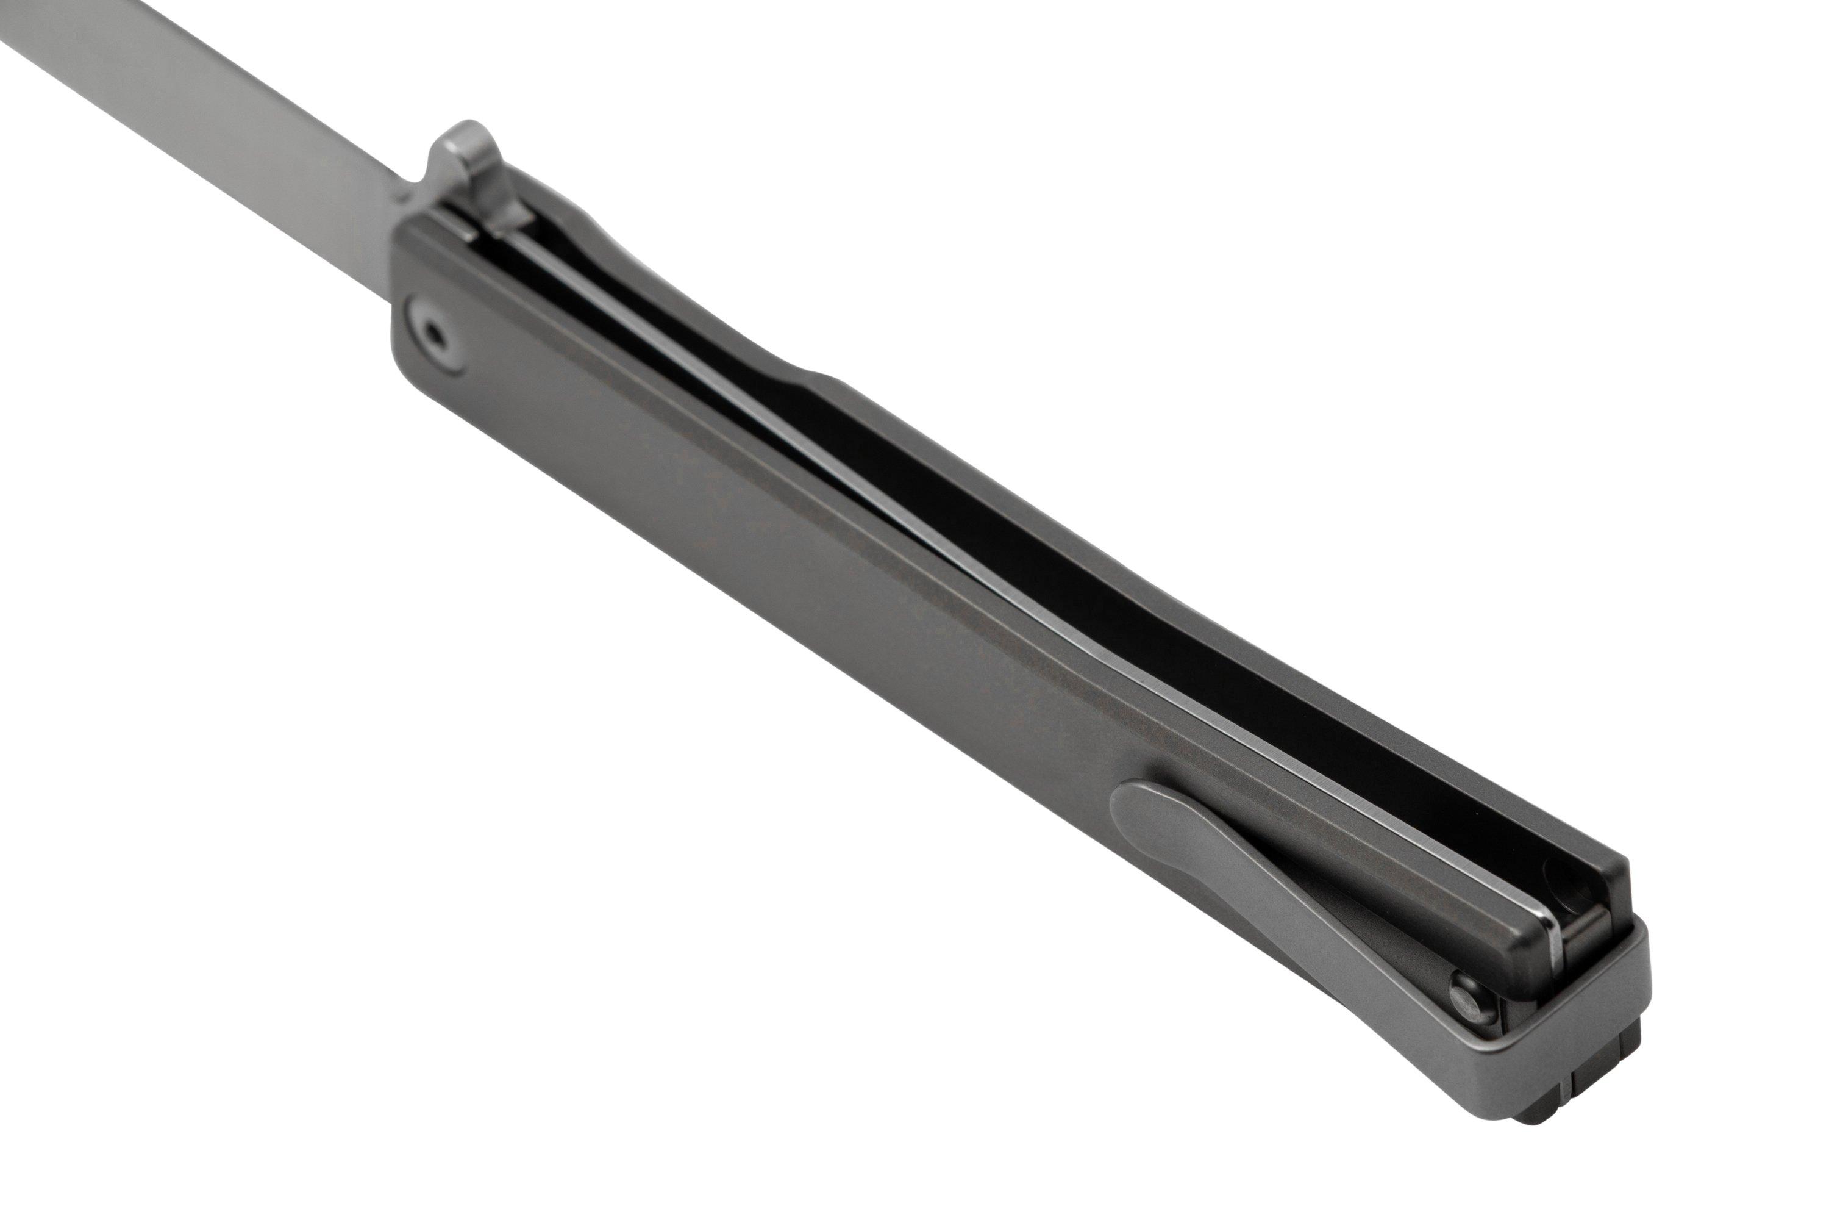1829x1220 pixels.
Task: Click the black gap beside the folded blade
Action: [1166, 622]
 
